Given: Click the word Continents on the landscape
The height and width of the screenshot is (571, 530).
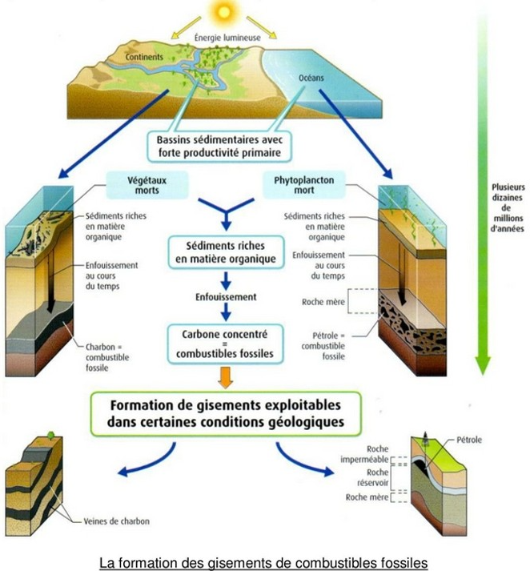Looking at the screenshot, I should [146, 57].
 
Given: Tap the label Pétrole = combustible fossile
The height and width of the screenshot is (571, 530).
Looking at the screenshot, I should [318, 344].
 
